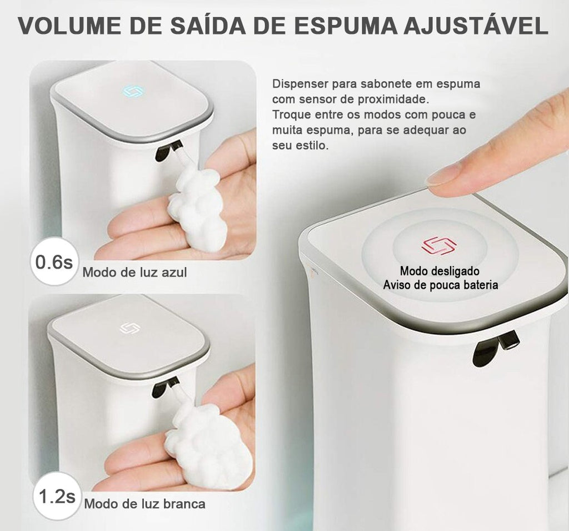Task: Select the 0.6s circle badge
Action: (54, 261)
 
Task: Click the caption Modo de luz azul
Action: (134, 272)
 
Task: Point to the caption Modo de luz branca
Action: (144, 504)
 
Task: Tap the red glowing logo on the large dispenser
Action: (438, 245)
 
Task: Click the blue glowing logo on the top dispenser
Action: (133, 91)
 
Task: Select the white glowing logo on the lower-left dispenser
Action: (129, 328)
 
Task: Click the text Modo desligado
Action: (440, 271)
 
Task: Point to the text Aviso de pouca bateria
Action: (440, 285)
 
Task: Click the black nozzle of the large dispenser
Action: (493, 347)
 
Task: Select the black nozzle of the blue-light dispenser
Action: (167, 150)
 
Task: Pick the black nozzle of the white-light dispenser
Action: (164, 386)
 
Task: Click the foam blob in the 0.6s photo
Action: (197, 209)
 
